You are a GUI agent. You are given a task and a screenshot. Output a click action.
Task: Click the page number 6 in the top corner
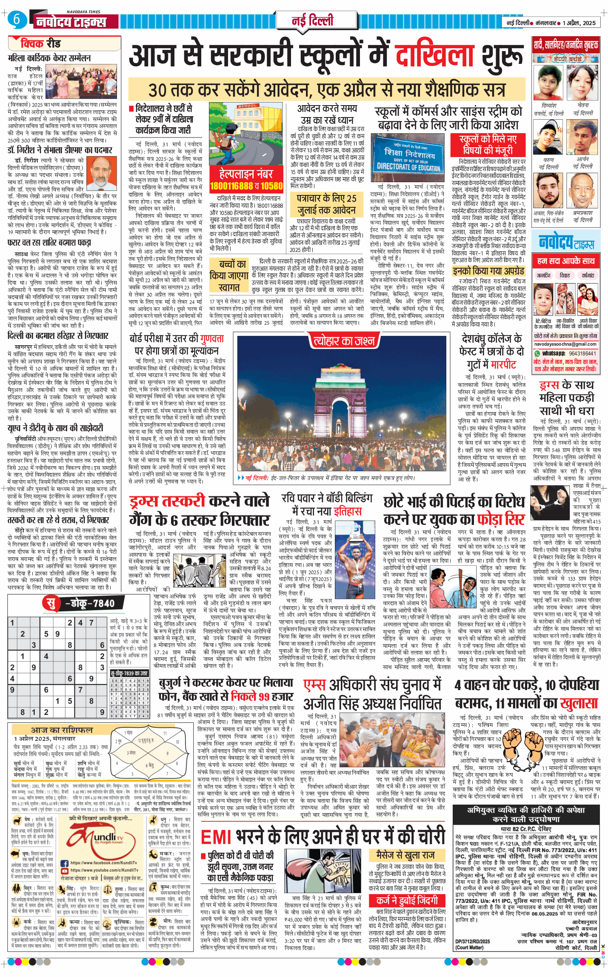pyautogui.click(x=17, y=19)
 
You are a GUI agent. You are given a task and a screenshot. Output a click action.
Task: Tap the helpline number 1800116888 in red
pyautogui.click(x=231, y=186)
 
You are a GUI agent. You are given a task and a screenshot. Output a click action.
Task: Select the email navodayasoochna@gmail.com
pyautogui.click(x=565, y=344)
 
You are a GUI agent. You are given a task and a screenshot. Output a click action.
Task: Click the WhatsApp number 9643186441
pyautogui.click(x=582, y=353)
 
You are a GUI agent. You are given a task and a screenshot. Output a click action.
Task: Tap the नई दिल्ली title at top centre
pyautogui.click(x=312, y=20)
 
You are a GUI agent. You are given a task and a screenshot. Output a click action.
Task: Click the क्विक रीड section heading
pyautogui.click(x=40, y=43)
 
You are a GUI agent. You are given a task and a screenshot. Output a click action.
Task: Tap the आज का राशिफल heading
pyautogui.click(x=62, y=730)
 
